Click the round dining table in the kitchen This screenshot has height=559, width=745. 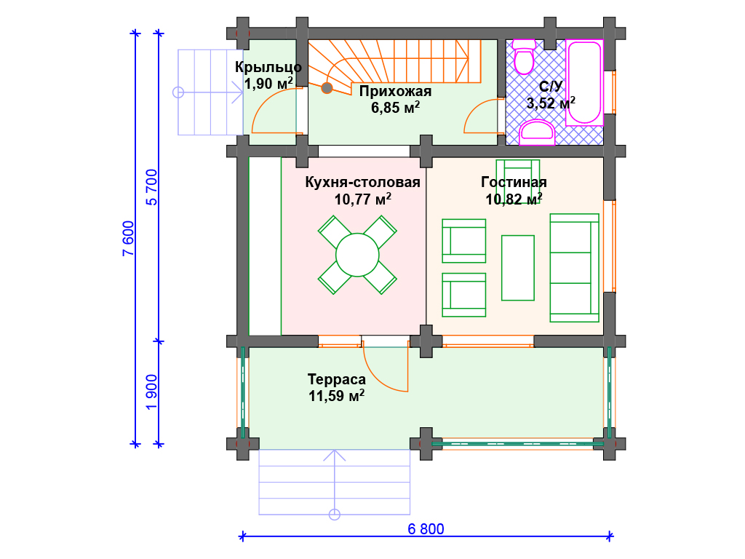[x=357, y=255]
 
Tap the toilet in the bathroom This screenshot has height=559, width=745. [x=524, y=58]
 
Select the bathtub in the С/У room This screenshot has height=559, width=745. [x=584, y=83]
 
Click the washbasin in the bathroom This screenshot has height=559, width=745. [x=537, y=132]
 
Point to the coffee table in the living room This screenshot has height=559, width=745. [x=518, y=268]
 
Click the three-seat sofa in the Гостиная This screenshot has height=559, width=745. [x=575, y=268]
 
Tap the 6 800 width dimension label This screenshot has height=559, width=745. [x=426, y=529]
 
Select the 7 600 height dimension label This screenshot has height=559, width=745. [x=129, y=239]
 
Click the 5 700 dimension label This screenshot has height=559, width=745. [x=151, y=187]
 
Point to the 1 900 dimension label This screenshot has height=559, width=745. [x=151, y=392]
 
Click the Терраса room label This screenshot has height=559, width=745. [x=336, y=379]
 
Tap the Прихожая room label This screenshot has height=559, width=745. [x=395, y=91]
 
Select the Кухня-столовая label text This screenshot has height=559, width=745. [x=362, y=182]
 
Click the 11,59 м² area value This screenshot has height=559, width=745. [x=336, y=395]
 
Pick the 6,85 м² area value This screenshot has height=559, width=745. [x=395, y=108]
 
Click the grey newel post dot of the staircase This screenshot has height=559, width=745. [x=327, y=88]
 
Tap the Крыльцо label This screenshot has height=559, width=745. [x=268, y=67]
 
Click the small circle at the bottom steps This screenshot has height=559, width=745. [x=335, y=515]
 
